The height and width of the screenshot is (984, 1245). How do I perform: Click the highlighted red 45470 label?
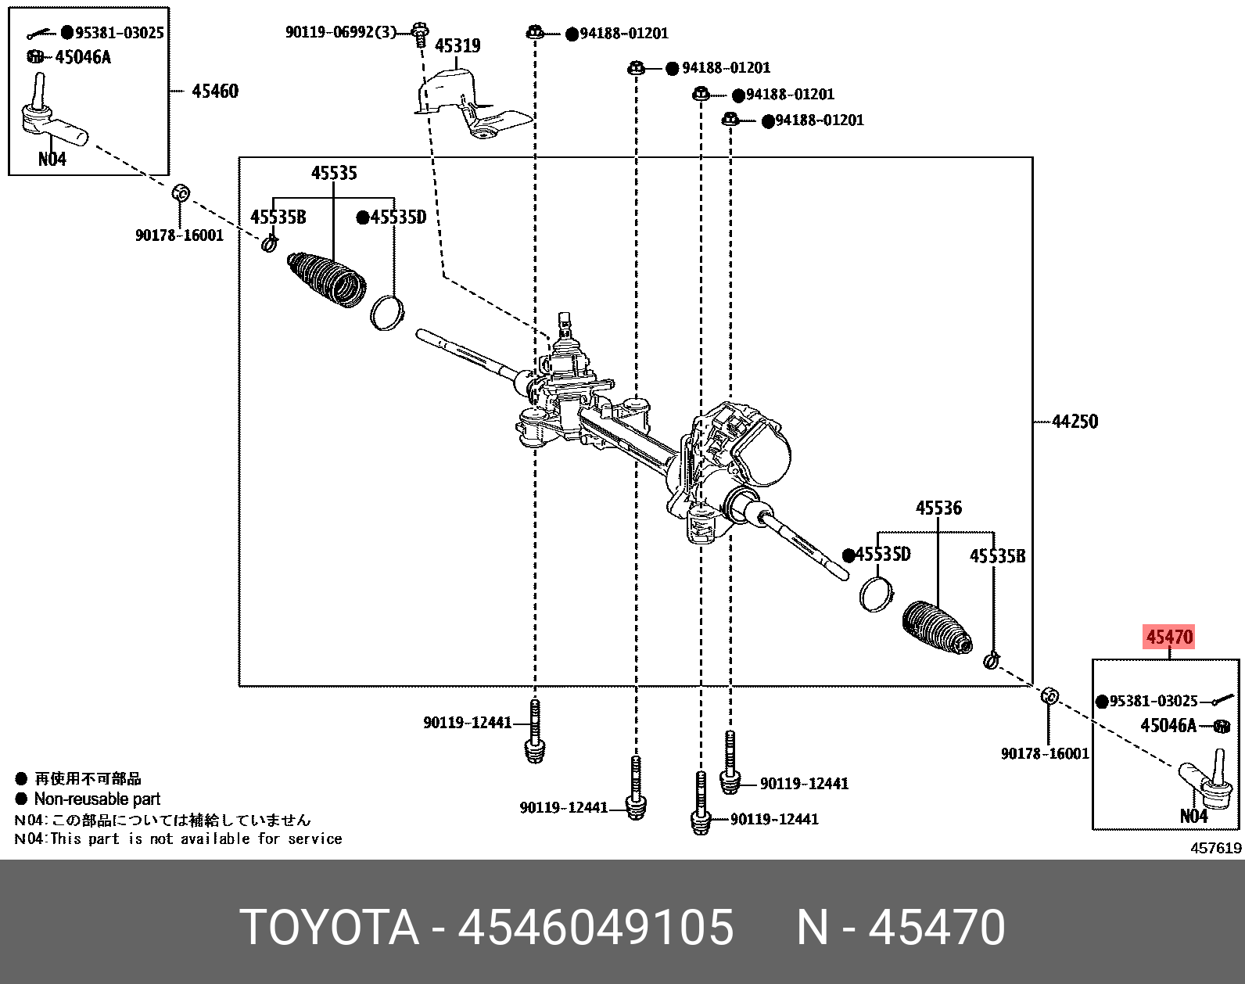[1169, 637]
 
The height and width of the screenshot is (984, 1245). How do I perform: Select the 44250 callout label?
[1075, 422]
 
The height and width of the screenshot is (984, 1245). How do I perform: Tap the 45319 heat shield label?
[457, 46]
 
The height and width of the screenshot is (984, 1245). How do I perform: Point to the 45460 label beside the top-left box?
[215, 92]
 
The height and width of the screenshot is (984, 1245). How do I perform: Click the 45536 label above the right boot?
[938, 508]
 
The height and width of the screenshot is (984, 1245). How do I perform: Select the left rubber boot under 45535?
[328, 279]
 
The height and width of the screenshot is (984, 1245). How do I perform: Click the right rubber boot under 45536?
[937, 628]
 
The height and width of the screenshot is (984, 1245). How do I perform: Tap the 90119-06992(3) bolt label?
[340, 33]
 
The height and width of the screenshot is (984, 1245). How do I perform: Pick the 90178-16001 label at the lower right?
[1045, 754]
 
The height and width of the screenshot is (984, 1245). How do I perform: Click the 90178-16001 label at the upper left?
[179, 235]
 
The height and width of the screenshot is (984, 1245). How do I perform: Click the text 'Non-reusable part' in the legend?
[97, 799]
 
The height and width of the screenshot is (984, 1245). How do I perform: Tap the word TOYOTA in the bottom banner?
[328, 928]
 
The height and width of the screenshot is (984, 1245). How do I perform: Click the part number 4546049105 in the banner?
[595, 928]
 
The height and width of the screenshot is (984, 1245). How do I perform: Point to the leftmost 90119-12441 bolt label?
[467, 723]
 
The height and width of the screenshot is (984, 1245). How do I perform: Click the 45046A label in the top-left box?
[83, 57]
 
